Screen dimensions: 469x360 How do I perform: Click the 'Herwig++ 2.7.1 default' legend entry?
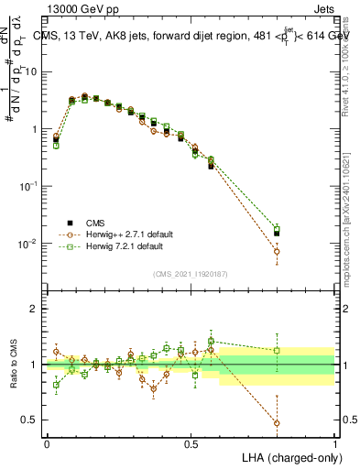(123, 234)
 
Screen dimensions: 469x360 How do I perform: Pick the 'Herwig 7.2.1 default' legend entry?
(120, 246)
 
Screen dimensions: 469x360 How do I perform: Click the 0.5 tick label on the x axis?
(191, 443)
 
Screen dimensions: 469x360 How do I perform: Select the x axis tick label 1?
(334, 443)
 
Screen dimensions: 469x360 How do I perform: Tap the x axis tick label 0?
(47, 443)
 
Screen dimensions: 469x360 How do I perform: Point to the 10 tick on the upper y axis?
(33, 71)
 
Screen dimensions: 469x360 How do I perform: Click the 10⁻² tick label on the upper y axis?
(31, 244)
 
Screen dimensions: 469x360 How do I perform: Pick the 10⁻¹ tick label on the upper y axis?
(31, 186)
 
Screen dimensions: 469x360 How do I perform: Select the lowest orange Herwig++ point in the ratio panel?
(277, 423)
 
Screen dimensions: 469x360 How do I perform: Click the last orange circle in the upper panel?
(277, 251)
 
